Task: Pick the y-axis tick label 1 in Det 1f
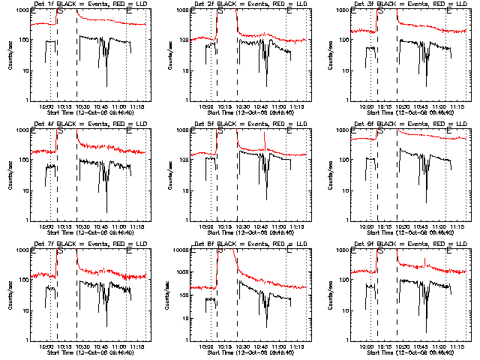pyautogui.click(x=27, y=100)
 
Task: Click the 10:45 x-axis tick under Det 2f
pyautogui.click(x=263, y=106)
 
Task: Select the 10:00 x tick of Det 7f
pyautogui.click(x=46, y=346)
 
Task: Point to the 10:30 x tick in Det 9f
pyautogui.click(x=403, y=346)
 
